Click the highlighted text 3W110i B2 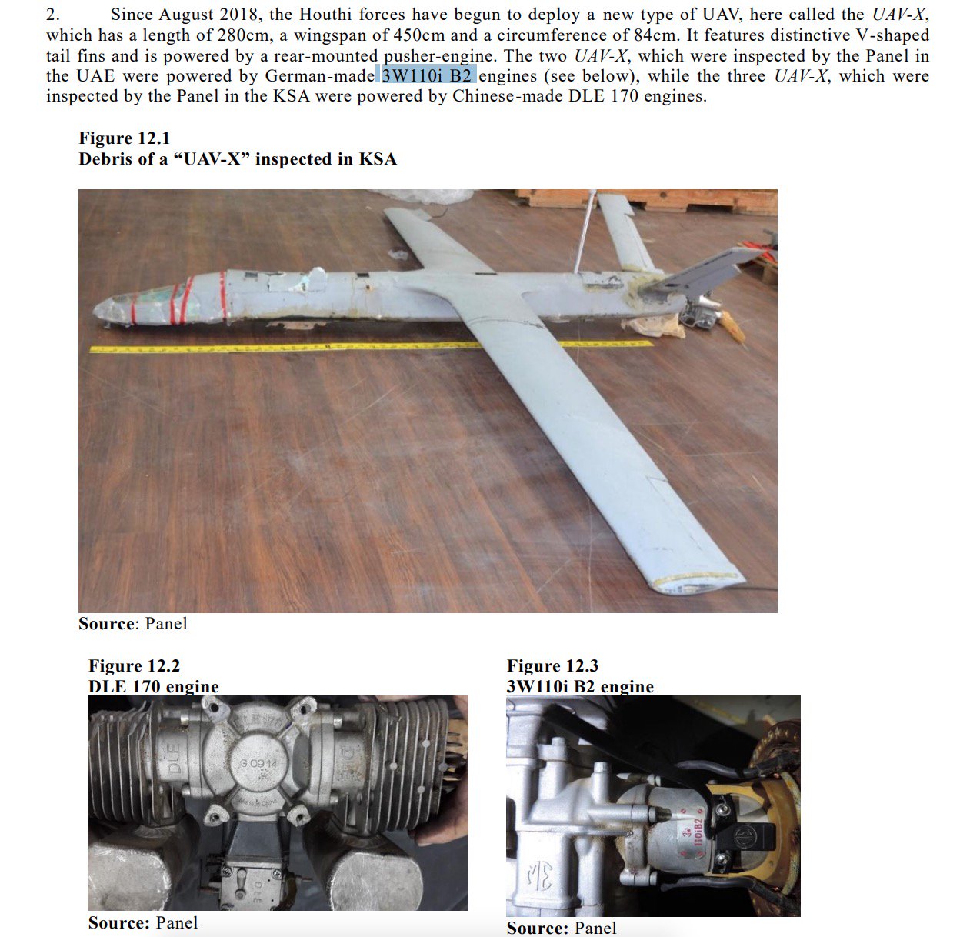[426, 76]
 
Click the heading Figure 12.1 [124, 138]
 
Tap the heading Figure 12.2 [134, 666]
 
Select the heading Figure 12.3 [552, 666]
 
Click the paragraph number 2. [52, 15]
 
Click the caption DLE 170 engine [153, 686]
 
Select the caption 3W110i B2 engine [580, 686]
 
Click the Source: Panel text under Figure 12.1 [132, 624]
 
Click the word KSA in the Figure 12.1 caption [378, 159]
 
